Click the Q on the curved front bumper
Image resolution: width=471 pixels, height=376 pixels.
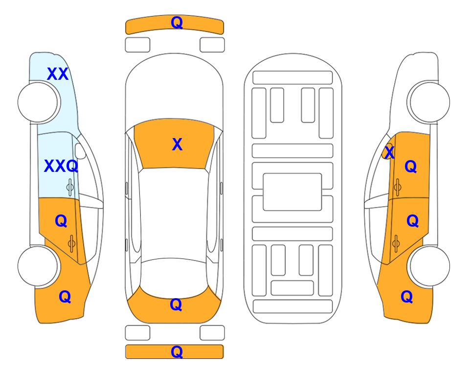(177, 23)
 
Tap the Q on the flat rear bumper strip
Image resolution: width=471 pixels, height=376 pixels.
(177, 352)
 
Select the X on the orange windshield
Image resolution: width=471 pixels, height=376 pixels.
(177, 144)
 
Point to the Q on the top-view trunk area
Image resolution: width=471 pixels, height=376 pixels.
(176, 305)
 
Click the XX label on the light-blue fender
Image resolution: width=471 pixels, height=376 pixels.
(58, 74)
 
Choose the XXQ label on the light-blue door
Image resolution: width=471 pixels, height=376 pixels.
(61, 166)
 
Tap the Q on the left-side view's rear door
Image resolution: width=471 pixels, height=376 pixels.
(61, 221)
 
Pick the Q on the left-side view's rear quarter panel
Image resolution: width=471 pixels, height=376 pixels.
(65, 297)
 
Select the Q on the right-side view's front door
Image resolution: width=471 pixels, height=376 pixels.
(411, 166)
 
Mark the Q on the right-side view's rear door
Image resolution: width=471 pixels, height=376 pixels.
(412, 221)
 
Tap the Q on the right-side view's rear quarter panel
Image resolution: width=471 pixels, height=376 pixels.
(407, 297)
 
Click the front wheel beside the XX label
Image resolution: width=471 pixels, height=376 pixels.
(38, 102)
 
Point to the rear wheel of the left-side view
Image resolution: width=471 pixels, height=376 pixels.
(38, 266)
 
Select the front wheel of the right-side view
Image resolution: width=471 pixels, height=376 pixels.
(430, 102)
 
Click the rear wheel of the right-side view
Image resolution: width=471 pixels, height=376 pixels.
(430, 266)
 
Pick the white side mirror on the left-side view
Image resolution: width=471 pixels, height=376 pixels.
(80, 151)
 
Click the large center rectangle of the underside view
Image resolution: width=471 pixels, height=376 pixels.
(292, 192)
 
